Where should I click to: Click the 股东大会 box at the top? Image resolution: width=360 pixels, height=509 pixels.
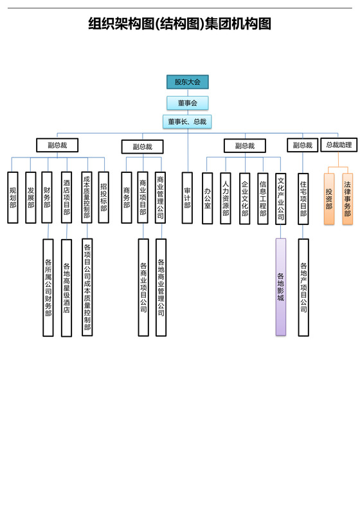(188, 82)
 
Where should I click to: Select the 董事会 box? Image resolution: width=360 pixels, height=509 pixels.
(188, 103)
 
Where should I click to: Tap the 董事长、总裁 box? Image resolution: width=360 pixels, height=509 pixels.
(187, 121)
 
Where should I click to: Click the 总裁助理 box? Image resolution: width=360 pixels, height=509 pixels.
(339, 145)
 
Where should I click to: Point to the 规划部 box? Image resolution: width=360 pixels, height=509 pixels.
(13, 197)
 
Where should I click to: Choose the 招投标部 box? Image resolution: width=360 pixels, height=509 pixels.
(104, 197)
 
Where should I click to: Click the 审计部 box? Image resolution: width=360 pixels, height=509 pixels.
(187, 197)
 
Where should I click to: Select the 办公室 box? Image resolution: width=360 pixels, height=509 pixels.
(208, 197)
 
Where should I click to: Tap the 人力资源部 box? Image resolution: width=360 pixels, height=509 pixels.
(226, 197)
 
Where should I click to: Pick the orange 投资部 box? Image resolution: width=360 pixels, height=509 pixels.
(329, 198)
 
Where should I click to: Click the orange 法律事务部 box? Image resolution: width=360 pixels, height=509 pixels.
(348, 198)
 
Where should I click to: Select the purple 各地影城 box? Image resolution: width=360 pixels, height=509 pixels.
(281, 287)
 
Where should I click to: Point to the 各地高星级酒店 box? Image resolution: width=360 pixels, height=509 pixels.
(66, 287)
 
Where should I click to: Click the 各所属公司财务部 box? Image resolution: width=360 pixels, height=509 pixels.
(48, 287)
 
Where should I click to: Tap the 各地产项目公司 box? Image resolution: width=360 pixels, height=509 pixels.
(303, 287)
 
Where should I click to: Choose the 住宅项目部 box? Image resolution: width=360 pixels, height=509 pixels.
(303, 197)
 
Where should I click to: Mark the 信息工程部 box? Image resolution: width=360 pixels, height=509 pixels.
(263, 197)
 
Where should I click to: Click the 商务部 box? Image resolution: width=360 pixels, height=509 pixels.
(127, 197)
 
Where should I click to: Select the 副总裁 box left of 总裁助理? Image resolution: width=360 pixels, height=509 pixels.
(302, 145)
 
